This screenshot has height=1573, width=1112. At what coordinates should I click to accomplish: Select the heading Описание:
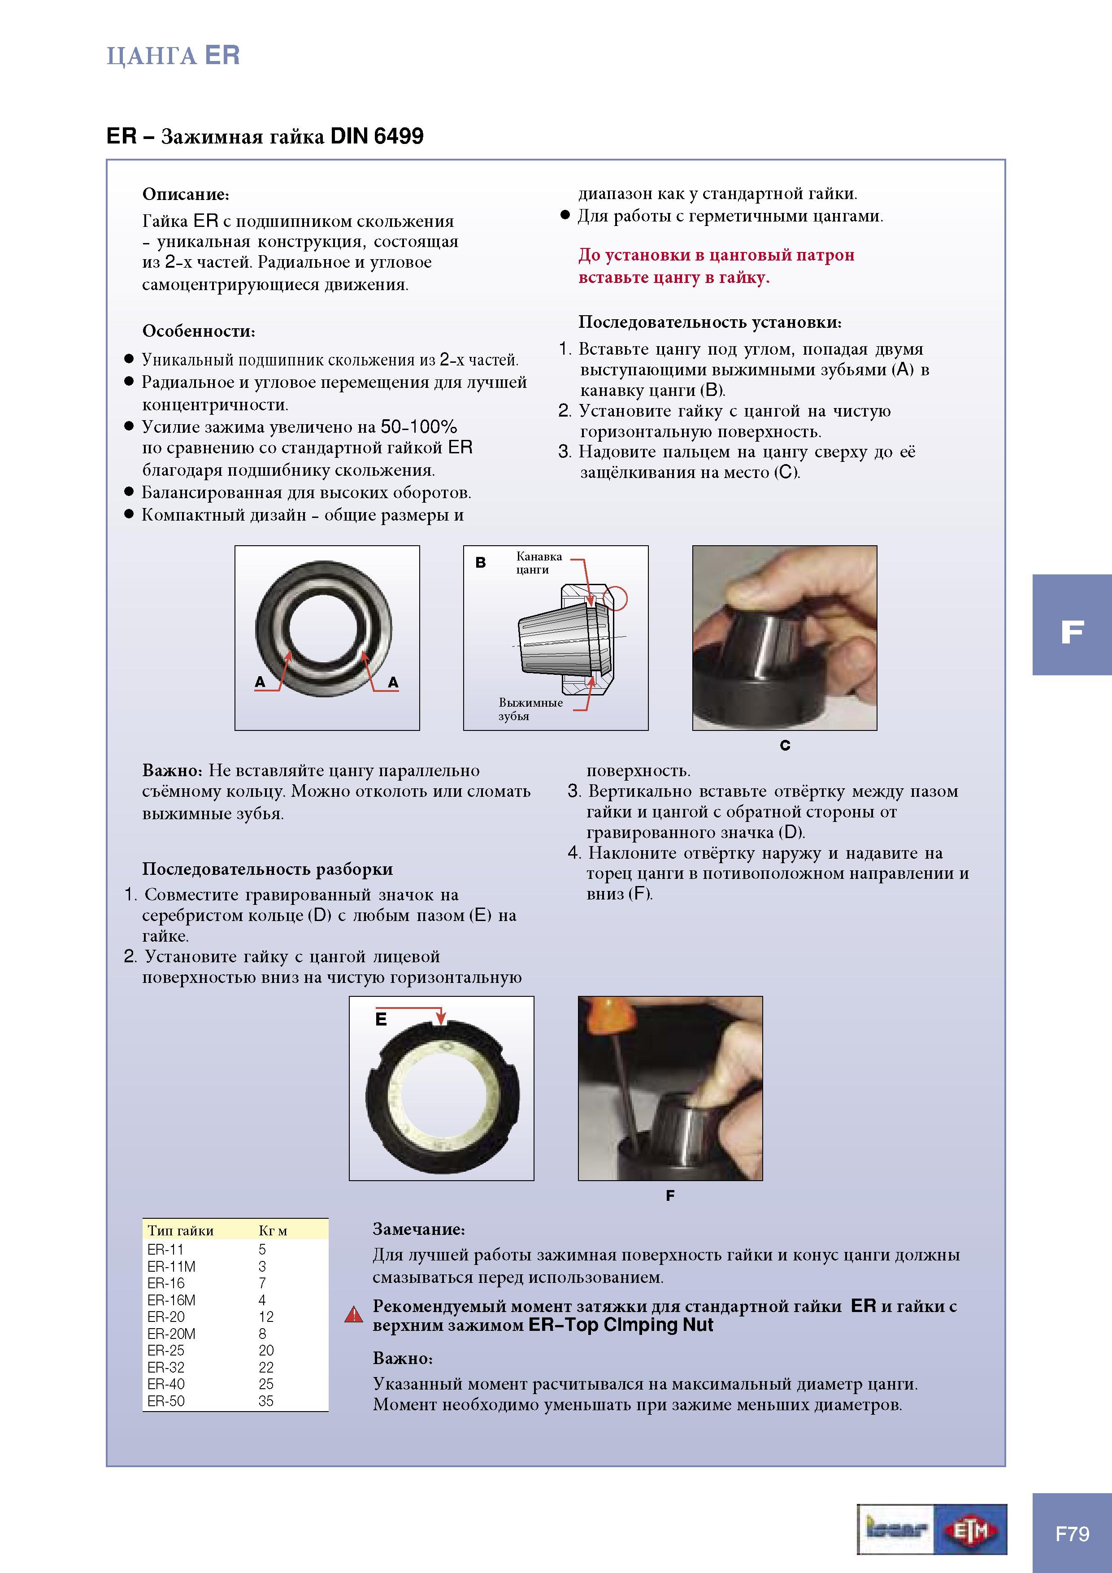pos(186,195)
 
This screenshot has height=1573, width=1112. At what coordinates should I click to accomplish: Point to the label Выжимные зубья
pos(530,709)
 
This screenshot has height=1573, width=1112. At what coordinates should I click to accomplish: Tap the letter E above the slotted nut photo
pos(381,1019)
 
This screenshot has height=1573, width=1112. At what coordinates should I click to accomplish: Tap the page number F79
pos(1072,1533)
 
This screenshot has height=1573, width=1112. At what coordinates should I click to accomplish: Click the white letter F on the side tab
pos(1072,632)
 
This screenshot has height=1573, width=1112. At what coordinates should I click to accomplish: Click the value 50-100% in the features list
pos(419,427)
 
